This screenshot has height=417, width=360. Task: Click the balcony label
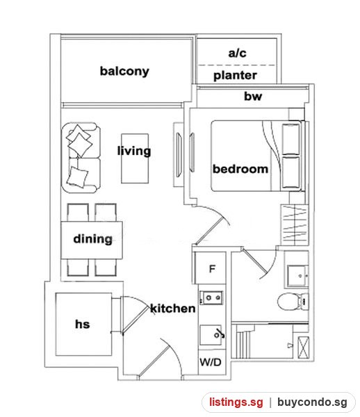(x=124, y=72)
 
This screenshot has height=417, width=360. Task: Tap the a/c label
(x=237, y=53)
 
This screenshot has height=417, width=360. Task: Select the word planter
(x=235, y=76)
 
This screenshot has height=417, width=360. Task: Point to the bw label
(x=253, y=96)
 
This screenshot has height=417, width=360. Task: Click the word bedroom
(x=240, y=169)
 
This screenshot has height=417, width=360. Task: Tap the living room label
(x=134, y=151)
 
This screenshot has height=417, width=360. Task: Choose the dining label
(x=93, y=239)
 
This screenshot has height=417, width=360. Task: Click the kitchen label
(x=173, y=308)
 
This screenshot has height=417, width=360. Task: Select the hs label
(x=83, y=324)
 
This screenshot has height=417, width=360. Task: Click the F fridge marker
(x=212, y=269)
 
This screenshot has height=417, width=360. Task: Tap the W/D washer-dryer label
(x=211, y=362)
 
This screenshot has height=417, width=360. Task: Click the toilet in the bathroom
(x=293, y=302)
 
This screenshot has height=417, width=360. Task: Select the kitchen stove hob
(x=211, y=297)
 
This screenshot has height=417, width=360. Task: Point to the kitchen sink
(x=212, y=335)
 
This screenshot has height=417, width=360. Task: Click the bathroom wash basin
(x=297, y=276)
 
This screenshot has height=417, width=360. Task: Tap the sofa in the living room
(x=81, y=158)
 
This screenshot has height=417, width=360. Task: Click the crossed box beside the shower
(x=304, y=347)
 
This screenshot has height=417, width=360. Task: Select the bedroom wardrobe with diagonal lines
(x=295, y=225)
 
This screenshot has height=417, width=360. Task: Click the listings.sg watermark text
(x=236, y=402)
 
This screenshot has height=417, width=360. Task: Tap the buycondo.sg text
(x=312, y=402)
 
